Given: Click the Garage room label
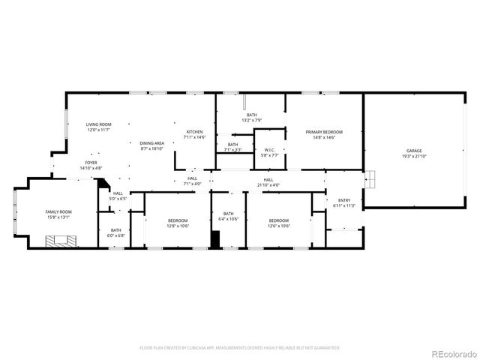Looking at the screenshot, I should [x=414, y=151].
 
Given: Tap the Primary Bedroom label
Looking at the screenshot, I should [x=324, y=132].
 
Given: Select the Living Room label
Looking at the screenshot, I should [x=98, y=124].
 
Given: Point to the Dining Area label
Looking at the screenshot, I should [x=152, y=142].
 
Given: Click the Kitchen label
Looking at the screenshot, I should [x=195, y=132].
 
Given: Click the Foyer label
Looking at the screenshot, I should [x=91, y=162].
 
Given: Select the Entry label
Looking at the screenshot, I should [x=344, y=200].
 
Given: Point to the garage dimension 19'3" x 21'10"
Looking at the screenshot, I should [x=414, y=156].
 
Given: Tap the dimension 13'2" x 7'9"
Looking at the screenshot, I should [x=251, y=120].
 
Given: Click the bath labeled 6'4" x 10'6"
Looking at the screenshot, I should [x=229, y=216].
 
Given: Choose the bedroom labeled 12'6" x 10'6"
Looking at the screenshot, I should [x=279, y=223].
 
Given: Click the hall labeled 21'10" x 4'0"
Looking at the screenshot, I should [x=268, y=182].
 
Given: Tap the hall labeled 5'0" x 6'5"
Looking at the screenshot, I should [x=118, y=196].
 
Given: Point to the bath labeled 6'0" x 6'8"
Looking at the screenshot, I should [x=116, y=232].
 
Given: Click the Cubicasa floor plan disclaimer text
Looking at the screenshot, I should [x=240, y=348].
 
